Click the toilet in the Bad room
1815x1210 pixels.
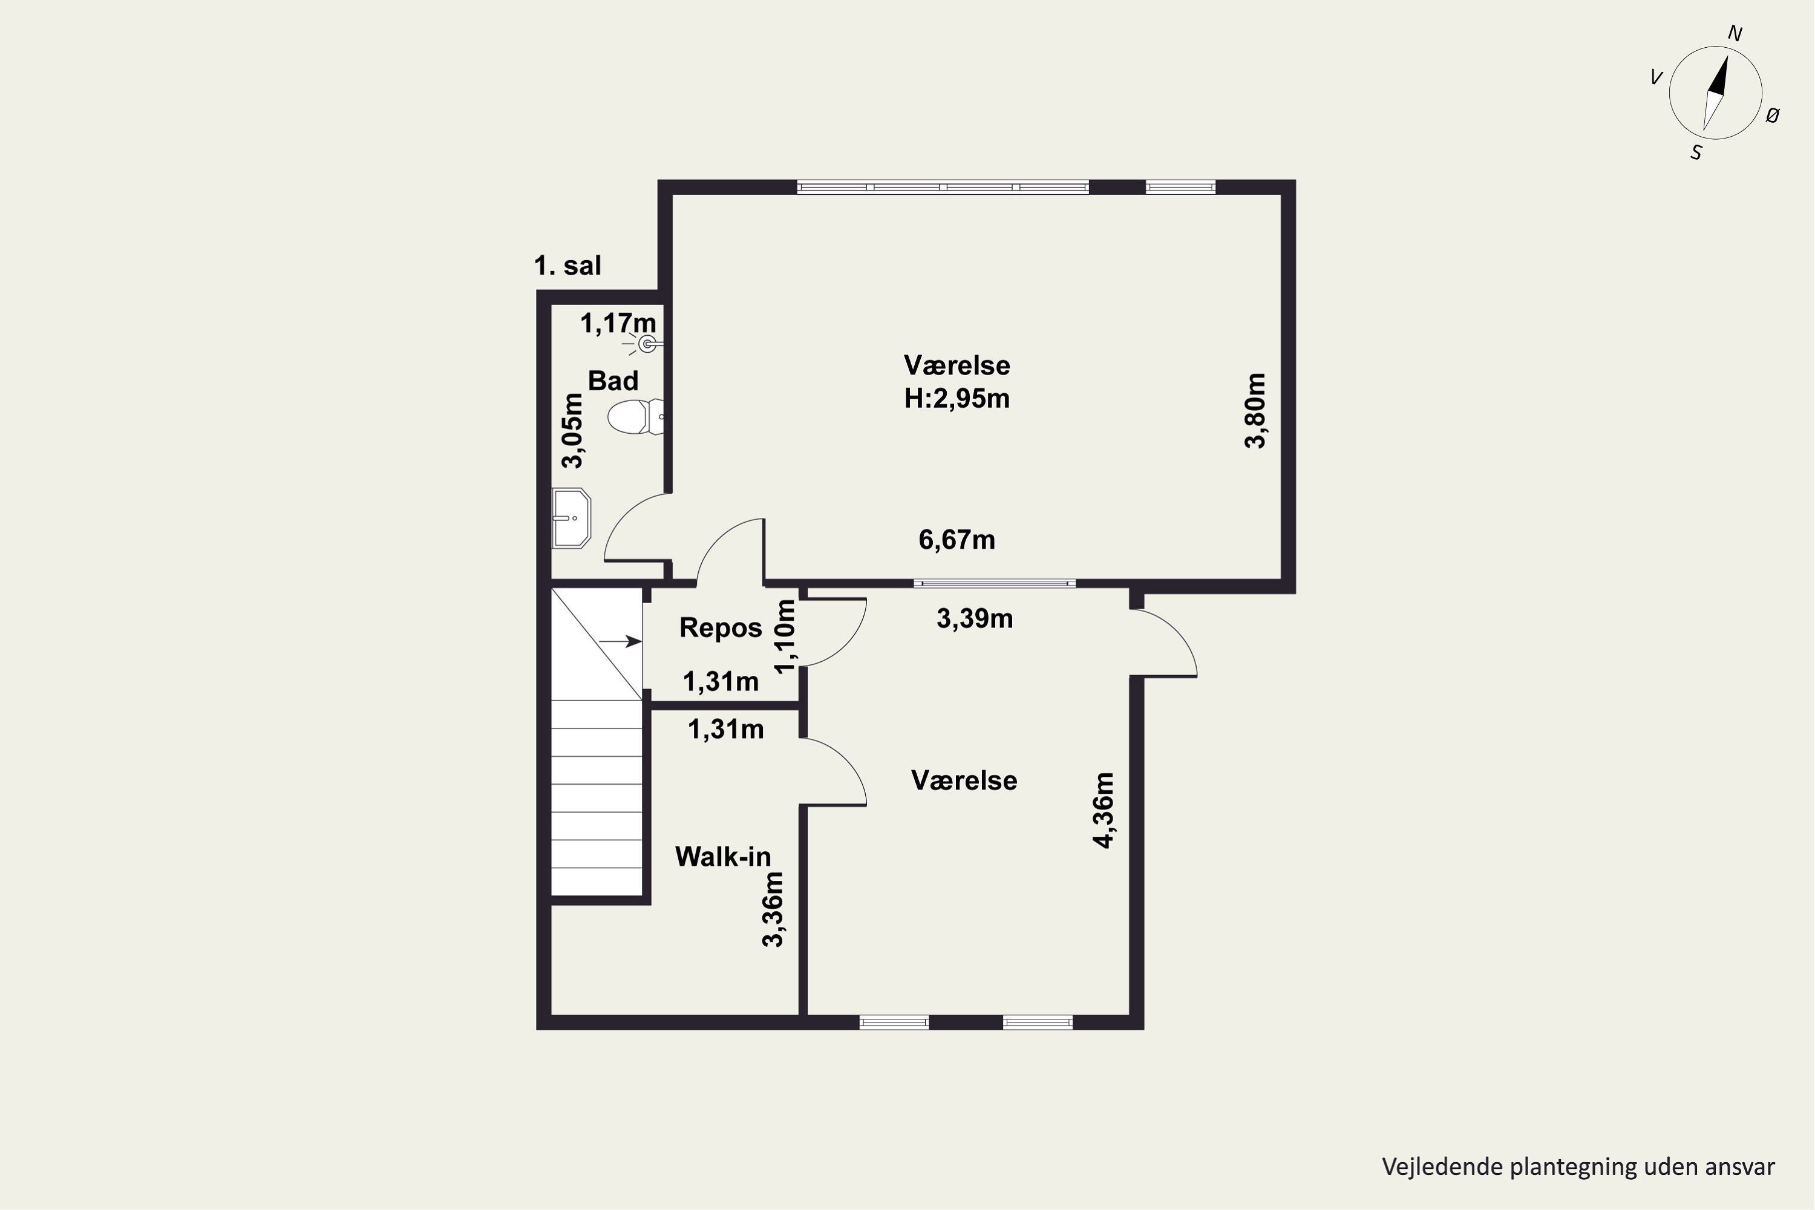[x=635, y=417]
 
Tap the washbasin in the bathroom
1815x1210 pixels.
[x=571, y=518]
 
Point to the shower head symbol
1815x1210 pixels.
[x=647, y=344]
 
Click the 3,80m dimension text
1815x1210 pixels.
[x=1255, y=411]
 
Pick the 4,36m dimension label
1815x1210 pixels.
[x=1104, y=810]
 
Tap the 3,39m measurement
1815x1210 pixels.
[x=975, y=619]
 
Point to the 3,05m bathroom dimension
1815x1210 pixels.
[x=572, y=431]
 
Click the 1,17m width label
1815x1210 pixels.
[x=618, y=323]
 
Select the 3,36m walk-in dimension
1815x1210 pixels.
[x=773, y=909]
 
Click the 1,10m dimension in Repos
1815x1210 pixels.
[x=785, y=636]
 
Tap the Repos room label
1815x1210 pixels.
[x=720, y=628]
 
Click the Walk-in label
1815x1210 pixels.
[x=723, y=857]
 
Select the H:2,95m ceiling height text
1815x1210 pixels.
[x=957, y=398]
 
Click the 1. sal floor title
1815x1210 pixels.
[x=567, y=266]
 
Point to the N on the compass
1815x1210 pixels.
[x=1735, y=34]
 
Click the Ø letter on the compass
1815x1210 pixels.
[x=1773, y=116]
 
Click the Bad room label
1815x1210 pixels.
[x=613, y=381]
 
